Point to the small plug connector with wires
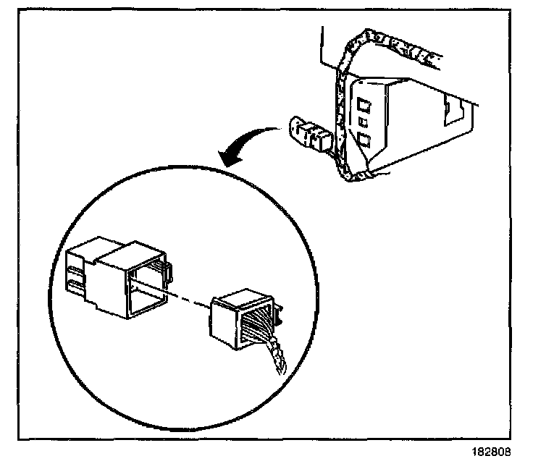pos(243,317)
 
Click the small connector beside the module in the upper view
pos(308,135)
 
